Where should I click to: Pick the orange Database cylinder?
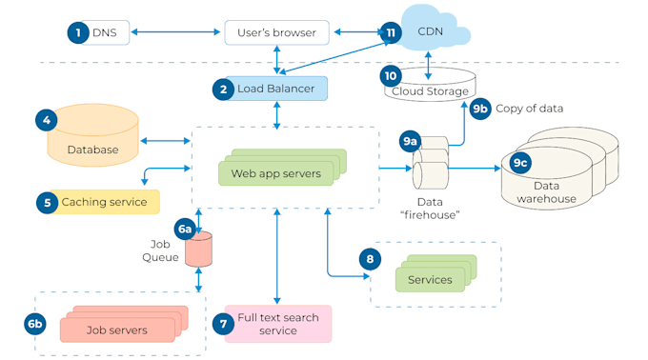pos(92,140)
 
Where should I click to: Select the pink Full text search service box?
pos(277,324)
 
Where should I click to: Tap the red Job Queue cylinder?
pos(198,250)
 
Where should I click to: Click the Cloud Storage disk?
pos(431,87)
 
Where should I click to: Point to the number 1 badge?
pos(76,32)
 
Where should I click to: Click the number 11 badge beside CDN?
pos(390,31)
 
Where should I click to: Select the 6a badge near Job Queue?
pos(185,229)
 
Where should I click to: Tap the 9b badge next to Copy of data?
pos(481,108)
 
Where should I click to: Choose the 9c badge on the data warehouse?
pos(521,163)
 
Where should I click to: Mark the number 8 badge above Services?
pos(370,258)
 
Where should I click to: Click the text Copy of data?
pos(531,109)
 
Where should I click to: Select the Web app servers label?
pos(276,174)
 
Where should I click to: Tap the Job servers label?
pos(116,330)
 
